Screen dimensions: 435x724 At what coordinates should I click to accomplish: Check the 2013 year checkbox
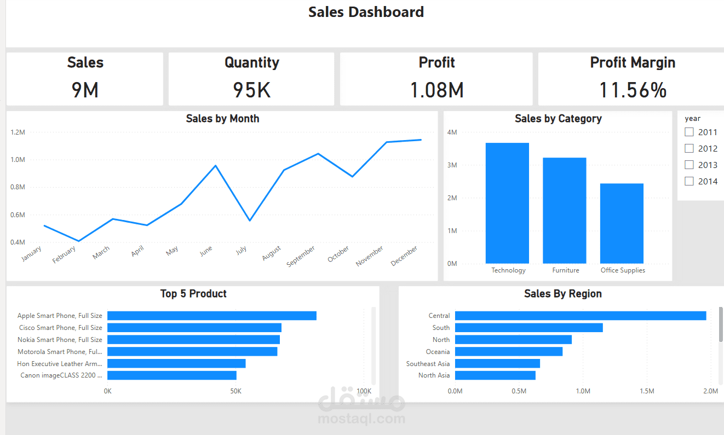[x=689, y=165]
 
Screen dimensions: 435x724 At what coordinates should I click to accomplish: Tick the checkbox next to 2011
[x=689, y=132]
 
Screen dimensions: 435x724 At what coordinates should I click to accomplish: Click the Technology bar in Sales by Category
[x=507, y=203]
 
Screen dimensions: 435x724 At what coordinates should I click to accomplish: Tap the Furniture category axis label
[x=565, y=270]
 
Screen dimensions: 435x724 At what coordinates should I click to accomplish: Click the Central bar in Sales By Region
[x=581, y=316]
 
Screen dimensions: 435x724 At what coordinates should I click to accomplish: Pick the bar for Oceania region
[x=508, y=352]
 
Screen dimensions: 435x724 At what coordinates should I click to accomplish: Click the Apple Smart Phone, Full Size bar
[x=211, y=316]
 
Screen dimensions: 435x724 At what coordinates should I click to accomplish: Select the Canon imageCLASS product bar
[x=171, y=375]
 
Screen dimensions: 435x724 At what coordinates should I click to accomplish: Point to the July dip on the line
[x=250, y=221]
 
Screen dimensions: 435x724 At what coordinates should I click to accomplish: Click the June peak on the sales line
[x=216, y=165]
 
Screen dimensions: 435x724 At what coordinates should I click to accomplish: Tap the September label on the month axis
[x=301, y=257]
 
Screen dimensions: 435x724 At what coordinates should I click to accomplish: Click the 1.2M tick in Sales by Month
[x=18, y=132]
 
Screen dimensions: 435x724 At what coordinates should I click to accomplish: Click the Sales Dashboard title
[x=366, y=12]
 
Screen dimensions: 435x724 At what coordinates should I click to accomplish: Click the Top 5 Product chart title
[x=193, y=294]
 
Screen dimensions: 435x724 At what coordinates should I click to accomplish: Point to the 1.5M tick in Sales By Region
[x=647, y=391]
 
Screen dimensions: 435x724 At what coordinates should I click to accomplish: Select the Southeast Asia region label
[x=428, y=364]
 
